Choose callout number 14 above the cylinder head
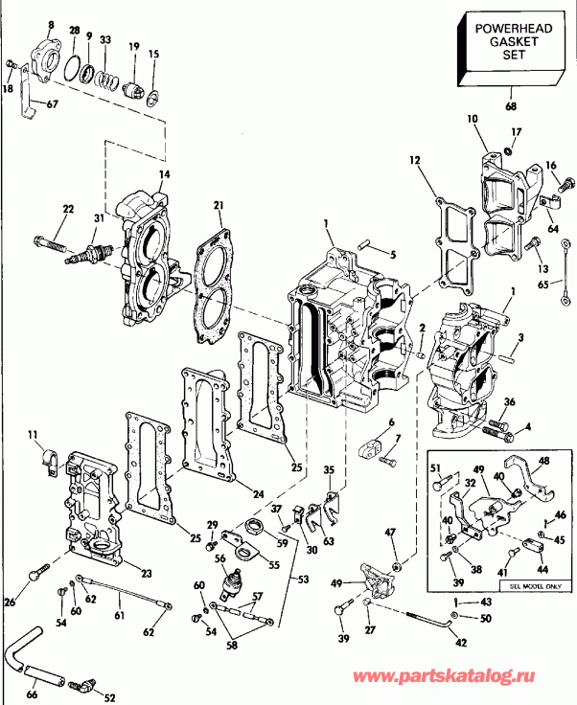click(x=164, y=174)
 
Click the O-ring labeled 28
click(x=70, y=68)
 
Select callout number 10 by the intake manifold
click(x=472, y=119)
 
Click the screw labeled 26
click(x=36, y=572)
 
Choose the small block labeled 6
click(x=374, y=445)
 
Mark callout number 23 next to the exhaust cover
click(x=146, y=573)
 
